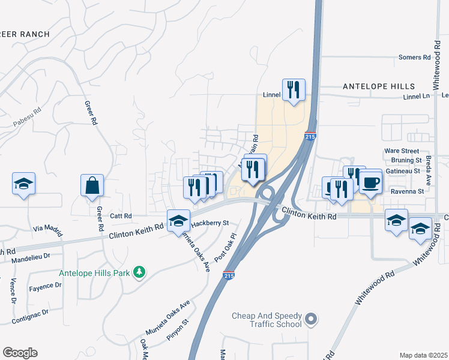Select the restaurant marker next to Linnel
pos(294,89)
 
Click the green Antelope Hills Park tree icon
pos(140,273)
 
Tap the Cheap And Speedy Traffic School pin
pos(310,319)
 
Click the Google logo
pos(20,353)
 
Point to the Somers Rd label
pos(415,58)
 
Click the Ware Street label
pos(402,151)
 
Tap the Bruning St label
pos(406,160)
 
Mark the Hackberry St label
pos(210,223)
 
